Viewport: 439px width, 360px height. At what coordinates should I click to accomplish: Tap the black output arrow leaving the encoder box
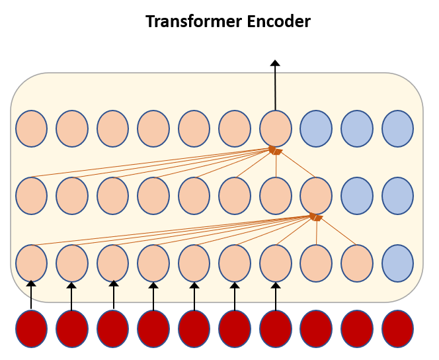tap(275, 86)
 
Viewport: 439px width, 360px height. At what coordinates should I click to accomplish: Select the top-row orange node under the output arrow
tap(276, 128)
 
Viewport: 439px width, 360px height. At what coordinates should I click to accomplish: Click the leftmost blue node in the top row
tap(316, 128)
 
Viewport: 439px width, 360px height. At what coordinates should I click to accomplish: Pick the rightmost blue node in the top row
tap(397, 128)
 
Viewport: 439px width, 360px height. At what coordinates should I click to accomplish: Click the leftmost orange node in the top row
tap(31, 128)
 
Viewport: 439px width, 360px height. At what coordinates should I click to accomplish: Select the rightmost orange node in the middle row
tap(316, 195)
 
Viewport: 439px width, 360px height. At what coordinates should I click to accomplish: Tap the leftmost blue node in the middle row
tap(357, 195)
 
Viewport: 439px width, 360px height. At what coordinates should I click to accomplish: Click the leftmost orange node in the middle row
tap(31, 195)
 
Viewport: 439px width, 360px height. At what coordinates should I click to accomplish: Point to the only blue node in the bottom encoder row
tap(397, 262)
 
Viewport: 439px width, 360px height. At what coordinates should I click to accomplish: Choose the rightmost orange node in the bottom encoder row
tap(357, 262)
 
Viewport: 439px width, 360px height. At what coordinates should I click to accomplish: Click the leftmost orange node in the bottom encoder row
tap(31, 262)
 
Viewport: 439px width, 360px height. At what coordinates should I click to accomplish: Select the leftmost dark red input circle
tap(31, 328)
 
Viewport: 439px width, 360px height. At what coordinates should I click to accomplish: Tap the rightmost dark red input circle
tap(397, 328)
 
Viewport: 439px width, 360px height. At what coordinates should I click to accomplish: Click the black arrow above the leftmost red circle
tap(30, 295)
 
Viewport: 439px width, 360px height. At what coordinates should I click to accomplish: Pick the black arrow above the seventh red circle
tap(276, 295)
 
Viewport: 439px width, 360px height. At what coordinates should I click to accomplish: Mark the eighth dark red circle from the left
tap(316, 328)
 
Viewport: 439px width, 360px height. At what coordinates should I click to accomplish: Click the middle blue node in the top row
tap(357, 128)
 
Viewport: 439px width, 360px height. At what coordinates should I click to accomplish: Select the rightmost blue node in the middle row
tap(397, 195)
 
